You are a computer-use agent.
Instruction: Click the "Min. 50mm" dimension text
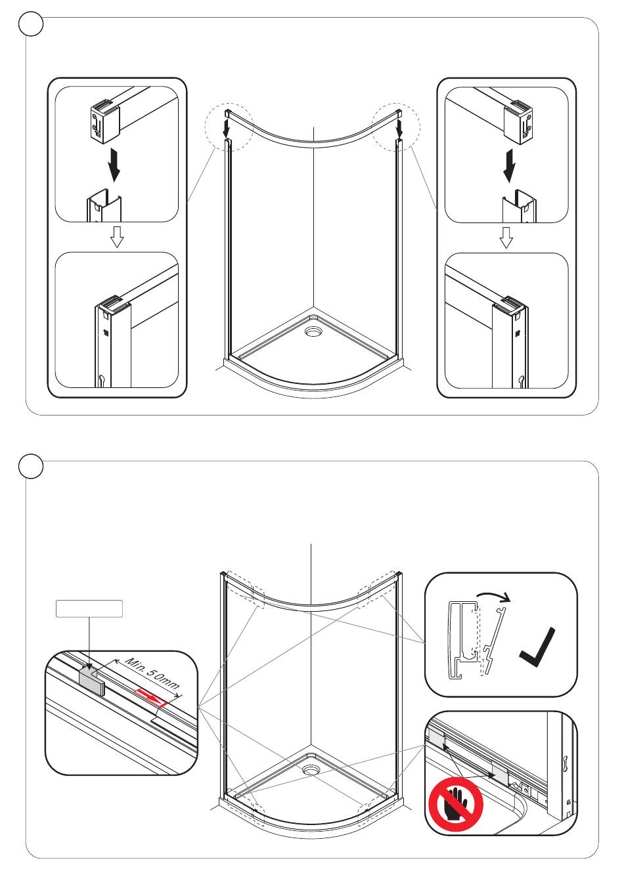pos(152,674)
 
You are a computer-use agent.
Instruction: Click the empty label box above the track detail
pos(88,608)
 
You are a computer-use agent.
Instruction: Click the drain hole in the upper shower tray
pos(314,331)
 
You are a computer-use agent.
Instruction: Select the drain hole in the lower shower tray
pos(311,769)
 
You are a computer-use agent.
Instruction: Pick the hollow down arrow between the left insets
pos(117,237)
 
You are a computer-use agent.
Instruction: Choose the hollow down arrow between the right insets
pos(506,238)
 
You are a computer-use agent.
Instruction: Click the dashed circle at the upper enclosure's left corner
pos(228,127)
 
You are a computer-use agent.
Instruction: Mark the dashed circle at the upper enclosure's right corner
pos(396,127)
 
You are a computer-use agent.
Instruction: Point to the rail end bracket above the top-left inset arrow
pos(104,118)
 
